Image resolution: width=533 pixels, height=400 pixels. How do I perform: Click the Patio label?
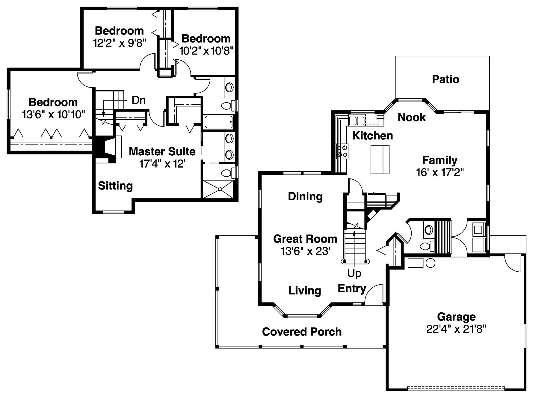pyautogui.click(x=445, y=79)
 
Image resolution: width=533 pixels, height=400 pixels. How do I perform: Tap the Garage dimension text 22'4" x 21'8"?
pyautogui.click(x=456, y=329)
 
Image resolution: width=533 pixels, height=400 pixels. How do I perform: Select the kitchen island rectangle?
pyautogui.click(x=380, y=160)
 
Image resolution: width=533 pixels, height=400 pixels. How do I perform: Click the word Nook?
pyautogui.click(x=411, y=117)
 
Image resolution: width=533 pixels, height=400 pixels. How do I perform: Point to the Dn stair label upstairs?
pyautogui.click(x=138, y=100)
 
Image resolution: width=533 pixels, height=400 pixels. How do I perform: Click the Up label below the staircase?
pyautogui.click(x=354, y=273)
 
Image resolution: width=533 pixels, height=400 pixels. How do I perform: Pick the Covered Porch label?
pyautogui.click(x=302, y=332)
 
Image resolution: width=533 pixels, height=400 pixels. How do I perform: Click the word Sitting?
pyautogui.click(x=115, y=186)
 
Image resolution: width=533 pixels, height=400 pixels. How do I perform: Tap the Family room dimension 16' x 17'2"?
pyautogui.click(x=440, y=172)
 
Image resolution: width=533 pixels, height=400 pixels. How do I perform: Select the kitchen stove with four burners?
pyautogui.click(x=342, y=151)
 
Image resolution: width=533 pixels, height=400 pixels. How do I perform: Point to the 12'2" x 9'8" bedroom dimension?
pyautogui.click(x=119, y=43)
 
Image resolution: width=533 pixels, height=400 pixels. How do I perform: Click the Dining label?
pyautogui.click(x=305, y=196)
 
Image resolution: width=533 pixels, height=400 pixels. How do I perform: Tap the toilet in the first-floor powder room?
pyautogui.click(x=427, y=246)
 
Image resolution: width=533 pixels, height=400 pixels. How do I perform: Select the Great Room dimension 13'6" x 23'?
pyautogui.click(x=305, y=251)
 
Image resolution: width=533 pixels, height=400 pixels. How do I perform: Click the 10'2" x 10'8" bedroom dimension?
pyautogui.click(x=206, y=51)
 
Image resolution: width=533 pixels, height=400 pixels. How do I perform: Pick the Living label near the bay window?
pyautogui.click(x=304, y=290)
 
